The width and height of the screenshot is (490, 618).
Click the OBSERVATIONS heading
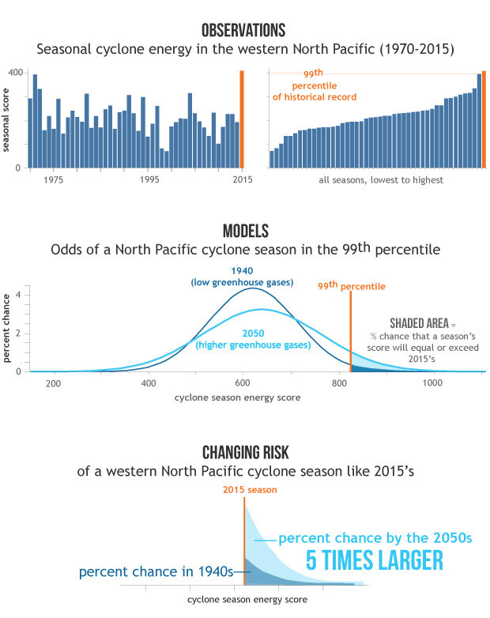click(243, 31)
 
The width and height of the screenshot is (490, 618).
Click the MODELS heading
click(244, 231)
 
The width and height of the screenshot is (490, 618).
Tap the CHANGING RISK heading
click(244, 452)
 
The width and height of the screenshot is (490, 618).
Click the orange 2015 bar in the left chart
click(241, 119)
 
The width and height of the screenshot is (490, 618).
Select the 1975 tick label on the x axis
click(53, 180)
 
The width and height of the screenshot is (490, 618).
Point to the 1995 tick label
click(149, 180)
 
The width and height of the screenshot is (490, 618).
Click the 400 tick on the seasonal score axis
click(15, 73)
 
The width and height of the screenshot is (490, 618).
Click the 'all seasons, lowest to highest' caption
click(381, 180)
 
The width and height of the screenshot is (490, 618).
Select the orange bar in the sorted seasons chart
click(484, 119)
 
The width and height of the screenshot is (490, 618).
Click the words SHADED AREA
click(418, 324)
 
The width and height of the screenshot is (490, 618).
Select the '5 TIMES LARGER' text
click(374, 560)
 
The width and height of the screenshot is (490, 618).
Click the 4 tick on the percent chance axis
click(27, 296)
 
